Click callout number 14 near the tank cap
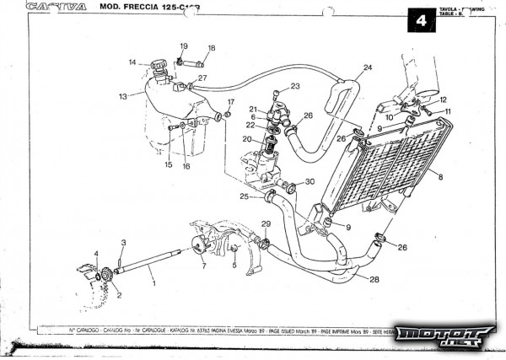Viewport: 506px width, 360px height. click(x=133, y=62)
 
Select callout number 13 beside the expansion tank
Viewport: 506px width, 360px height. click(x=123, y=96)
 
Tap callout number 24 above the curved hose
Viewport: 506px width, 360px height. click(x=368, y=67)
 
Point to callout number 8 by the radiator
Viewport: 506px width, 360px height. click(x=440, y=177)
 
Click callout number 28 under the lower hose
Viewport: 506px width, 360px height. click(x=374, y=278)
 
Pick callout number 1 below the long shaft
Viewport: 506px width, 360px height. click(x=153, y=284)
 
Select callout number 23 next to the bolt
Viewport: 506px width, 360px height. click(x=294, y=86)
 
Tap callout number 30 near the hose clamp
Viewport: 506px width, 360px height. click(x=310, y=181)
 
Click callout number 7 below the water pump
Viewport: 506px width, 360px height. click(x=203, y=266)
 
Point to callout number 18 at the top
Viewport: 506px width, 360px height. click(x=211, y=48)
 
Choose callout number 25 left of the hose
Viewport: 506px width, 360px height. click(x=244, y=196)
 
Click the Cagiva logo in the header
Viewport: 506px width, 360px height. click(x=56, y=7)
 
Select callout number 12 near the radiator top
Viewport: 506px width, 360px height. click(x=443, y=99)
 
